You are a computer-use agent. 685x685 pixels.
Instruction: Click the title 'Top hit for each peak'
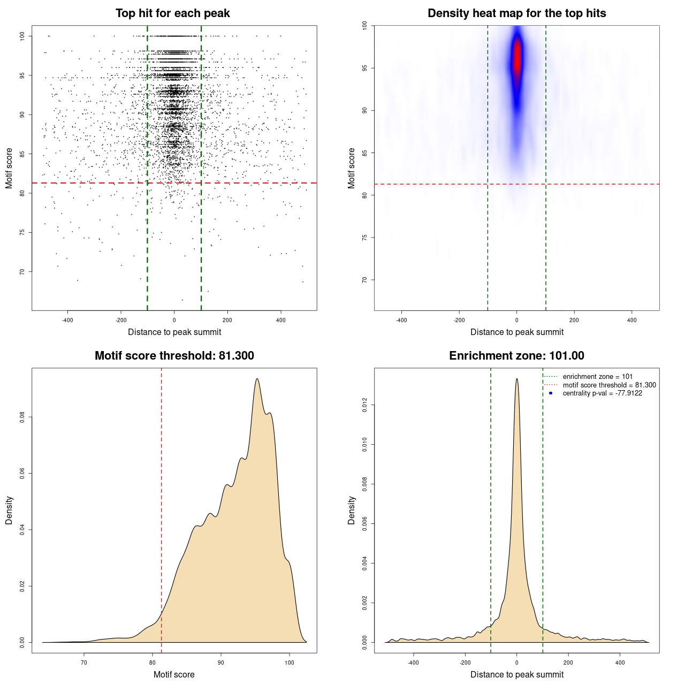[x=172, y=13]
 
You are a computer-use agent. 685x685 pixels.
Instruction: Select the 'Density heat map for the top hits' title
[x=516, y=13]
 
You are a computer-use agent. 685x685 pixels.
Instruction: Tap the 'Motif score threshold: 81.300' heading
[x=174, y=356]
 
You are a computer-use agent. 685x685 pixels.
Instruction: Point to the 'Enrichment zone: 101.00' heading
[x=516, y=356]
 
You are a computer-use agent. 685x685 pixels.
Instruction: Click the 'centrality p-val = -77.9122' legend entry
[x=602, y=393]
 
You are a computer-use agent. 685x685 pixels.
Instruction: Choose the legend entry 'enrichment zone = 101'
[x=597, y=377]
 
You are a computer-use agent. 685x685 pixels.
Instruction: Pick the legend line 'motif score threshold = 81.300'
[x=609, y=385]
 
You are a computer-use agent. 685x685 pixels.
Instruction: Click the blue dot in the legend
[x=551, y=393]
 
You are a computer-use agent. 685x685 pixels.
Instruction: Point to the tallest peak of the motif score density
[x=257, y=379]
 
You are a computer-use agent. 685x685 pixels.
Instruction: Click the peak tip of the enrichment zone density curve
[x=517, y=379]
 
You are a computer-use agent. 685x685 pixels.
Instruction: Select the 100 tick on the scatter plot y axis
[x=22, y=36]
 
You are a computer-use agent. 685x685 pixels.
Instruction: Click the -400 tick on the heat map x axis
[x=401, y=320]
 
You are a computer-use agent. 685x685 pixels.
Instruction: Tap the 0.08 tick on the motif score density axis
[x=22, y=417]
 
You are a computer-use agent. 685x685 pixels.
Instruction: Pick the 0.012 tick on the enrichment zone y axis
[x=365, y=405]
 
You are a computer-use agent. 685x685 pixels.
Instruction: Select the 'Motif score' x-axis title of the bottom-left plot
[x=174, y=674]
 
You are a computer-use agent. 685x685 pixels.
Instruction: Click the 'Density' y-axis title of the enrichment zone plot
[x=352, y=510]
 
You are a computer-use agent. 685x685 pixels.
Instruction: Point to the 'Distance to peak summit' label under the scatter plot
[x=174, y=332]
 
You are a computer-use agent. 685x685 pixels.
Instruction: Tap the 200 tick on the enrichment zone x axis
[x=568, y=663]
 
